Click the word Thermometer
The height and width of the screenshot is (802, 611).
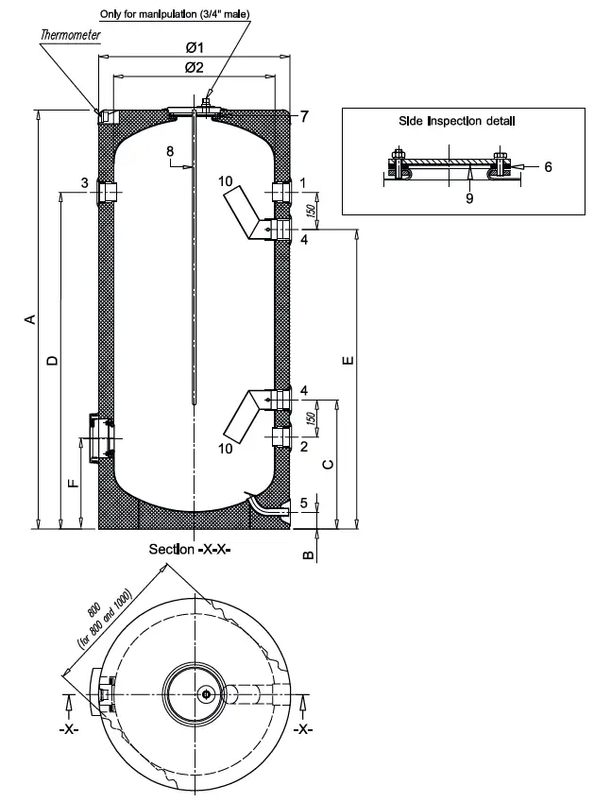(70, 35)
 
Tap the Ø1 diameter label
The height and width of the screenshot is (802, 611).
(195, 46)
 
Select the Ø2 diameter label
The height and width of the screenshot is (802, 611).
(195, 66)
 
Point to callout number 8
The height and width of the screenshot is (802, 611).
(170, 151)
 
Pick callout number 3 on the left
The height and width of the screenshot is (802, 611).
(84, 182)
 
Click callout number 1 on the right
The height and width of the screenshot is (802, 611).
(303, 182)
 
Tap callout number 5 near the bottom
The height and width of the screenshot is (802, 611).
(303, 503)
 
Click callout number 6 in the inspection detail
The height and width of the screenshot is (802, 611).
(548, 165)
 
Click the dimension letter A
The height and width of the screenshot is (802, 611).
(29, 319)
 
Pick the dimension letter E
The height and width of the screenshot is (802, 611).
(349, 360)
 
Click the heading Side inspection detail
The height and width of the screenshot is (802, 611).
(457, 121)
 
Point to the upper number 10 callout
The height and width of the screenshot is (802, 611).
(224, 180)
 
